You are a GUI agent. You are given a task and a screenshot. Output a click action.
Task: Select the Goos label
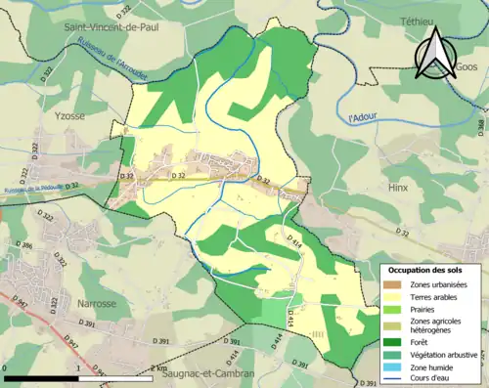pos(467,67)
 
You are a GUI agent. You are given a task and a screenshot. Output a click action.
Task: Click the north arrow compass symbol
pos(431,53)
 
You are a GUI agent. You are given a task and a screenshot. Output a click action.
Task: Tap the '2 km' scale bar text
pos(158,368)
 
